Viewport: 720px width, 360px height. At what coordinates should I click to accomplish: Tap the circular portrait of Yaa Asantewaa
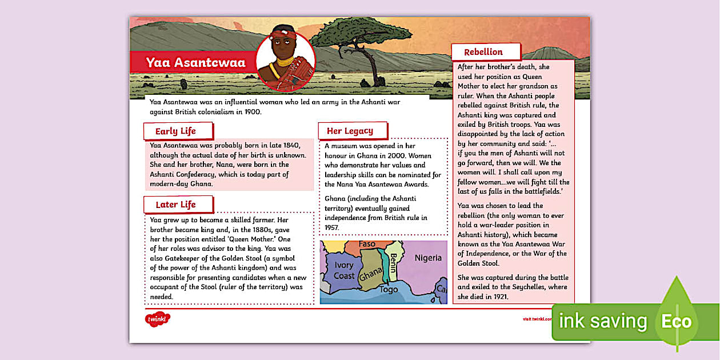[x=285, y=62]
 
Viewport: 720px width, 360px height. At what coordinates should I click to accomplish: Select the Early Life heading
[x=175, y=131]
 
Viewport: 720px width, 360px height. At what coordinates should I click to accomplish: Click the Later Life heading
[x=175, y=205]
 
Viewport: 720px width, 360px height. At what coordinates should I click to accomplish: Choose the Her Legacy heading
[x=350, y=131]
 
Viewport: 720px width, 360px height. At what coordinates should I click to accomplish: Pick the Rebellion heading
[x=483, y=52]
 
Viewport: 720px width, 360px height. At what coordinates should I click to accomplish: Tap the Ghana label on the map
[x=371, y=276]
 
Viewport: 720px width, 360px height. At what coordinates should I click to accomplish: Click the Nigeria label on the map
[x=428, y=258]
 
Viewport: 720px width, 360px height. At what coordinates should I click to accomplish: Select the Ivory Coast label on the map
[x=344, y=270]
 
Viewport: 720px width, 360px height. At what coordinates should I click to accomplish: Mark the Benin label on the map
[x=394, y=261]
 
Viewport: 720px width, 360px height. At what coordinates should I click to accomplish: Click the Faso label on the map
[x=367, y=244]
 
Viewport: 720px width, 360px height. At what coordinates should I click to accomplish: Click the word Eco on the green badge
[x=677, y=321]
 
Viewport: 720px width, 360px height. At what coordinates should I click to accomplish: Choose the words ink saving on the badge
[x=602, y=321]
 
